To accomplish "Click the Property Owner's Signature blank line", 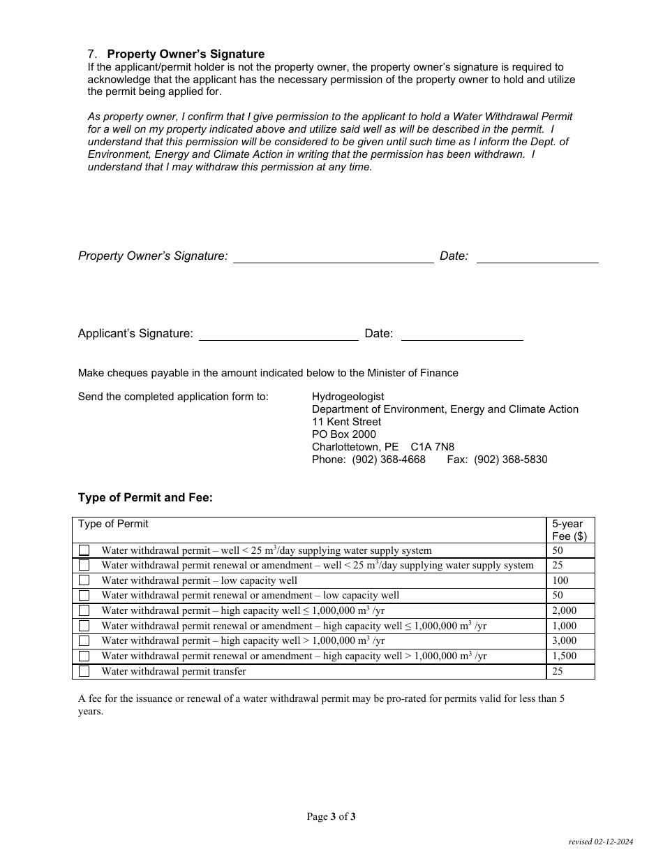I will click(333, 257).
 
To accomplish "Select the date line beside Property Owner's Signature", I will click(537, 257).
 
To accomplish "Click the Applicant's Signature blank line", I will click(278, 335).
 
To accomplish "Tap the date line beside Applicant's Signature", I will click(462, 335).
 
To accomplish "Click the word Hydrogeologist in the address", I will click(348, 397).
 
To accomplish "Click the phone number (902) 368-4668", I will click(389, 460).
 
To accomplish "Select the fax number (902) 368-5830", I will click(510, 460).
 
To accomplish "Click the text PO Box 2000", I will click(344, 434).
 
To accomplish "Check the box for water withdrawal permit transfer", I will click(84, 671).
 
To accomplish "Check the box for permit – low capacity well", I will click(84, 580).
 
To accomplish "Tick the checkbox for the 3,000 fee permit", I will click(84, 641).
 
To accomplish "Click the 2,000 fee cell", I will click(564, 610).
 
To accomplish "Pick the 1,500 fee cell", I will click(564, 656).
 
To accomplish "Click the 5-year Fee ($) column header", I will click(569, 530).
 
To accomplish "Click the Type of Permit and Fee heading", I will click(145, 498).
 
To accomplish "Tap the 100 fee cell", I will click(560, 580).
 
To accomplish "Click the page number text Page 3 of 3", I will click(331, 816).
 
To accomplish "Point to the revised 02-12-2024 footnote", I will click(600, 842).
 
